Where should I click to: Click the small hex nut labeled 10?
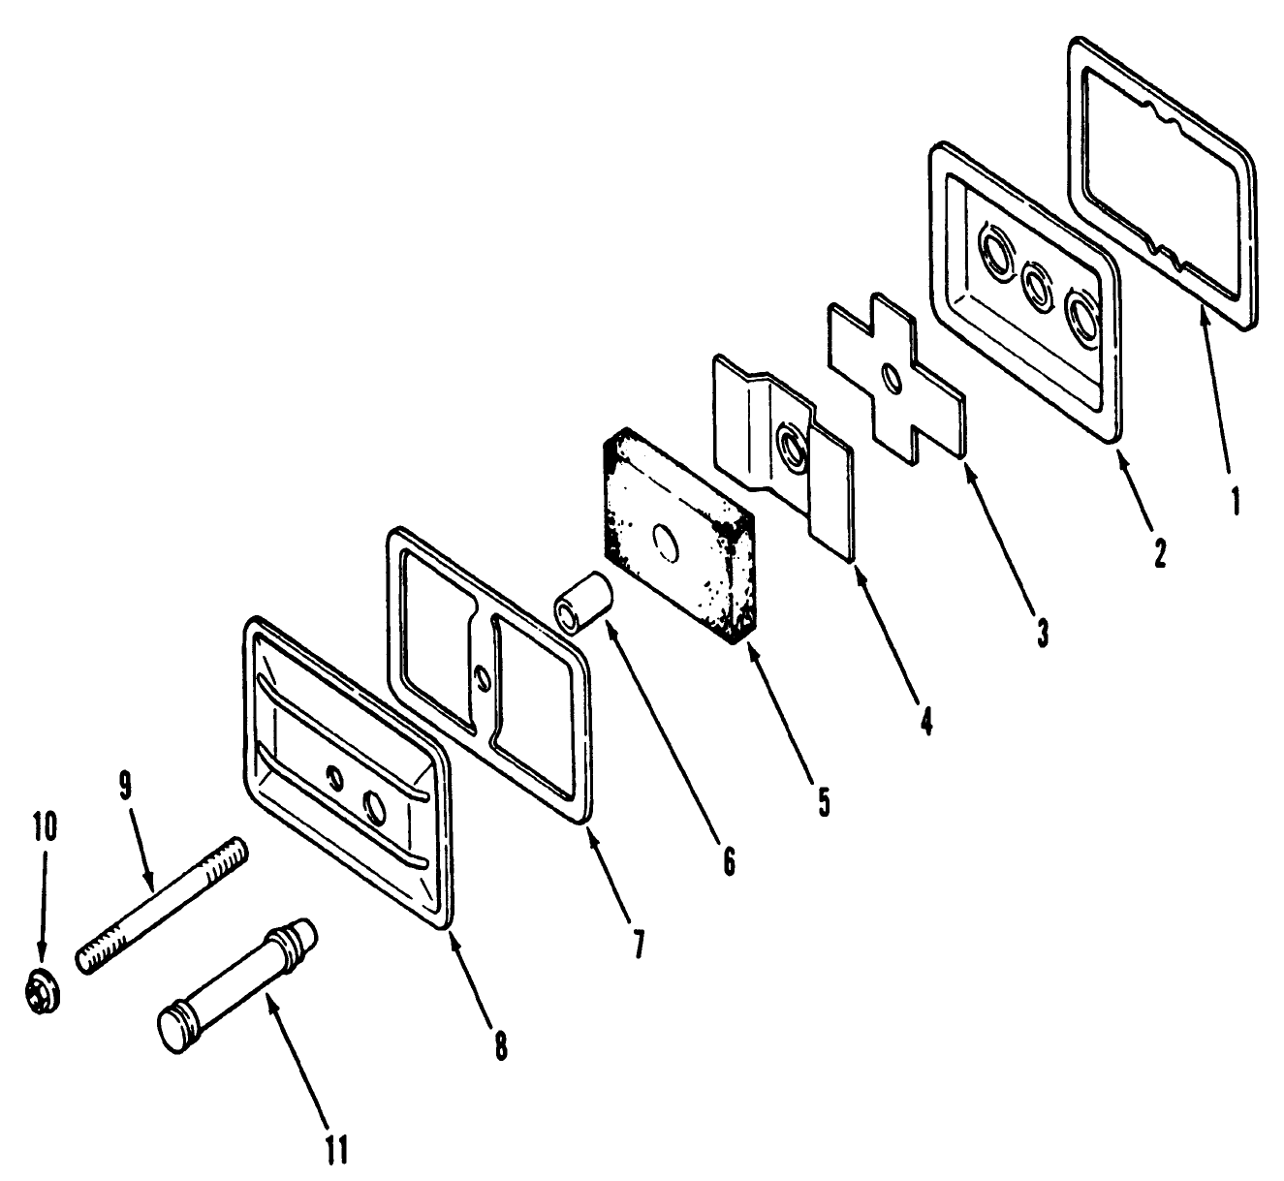click(x=45, y=992)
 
